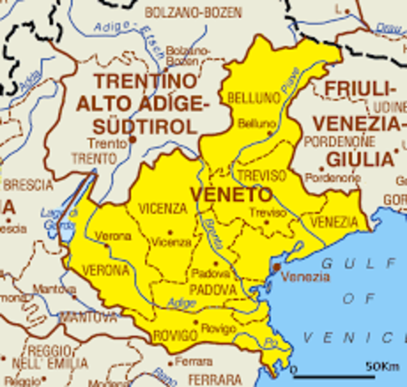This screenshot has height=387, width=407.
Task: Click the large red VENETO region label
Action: [x=230, y=194]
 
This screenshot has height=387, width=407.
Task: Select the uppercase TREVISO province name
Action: [x=259, y=174]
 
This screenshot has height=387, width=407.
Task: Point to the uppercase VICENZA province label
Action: [x=162, y=209]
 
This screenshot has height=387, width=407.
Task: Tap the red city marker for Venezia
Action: [x=276, y=266]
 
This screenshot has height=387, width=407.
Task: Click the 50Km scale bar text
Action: [x=383, y=366]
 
